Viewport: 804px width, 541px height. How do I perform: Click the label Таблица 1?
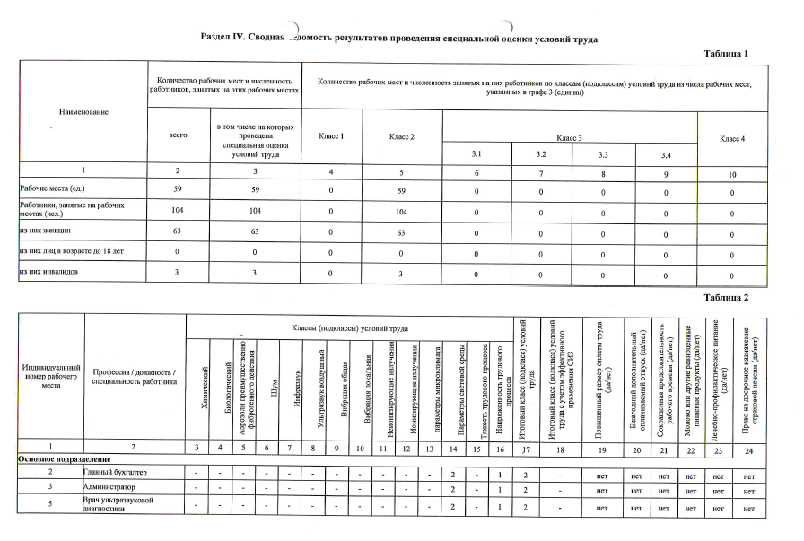click(726, 55)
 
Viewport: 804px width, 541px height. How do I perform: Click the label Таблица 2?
click(726, 297)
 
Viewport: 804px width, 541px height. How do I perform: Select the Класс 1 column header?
click(332, 135)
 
